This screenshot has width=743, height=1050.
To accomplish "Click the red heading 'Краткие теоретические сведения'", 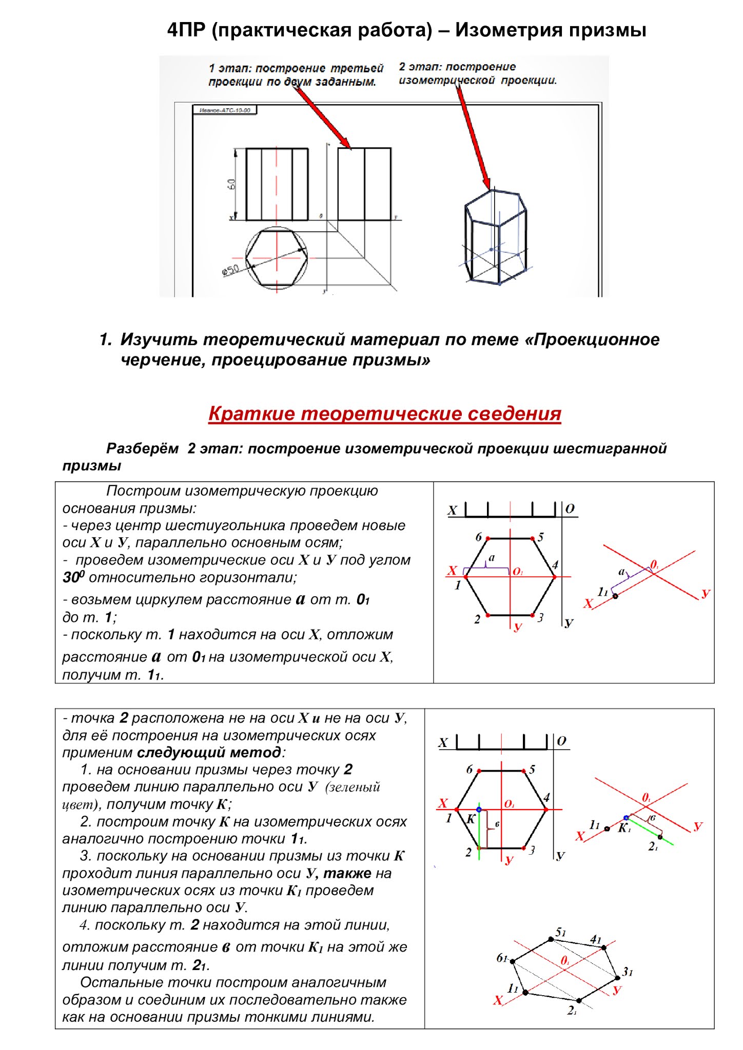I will point(384,414).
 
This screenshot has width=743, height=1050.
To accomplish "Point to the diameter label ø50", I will point(230,270).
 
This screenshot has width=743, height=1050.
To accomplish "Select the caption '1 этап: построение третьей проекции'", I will point(296,75).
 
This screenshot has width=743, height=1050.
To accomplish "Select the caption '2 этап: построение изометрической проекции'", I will point(477,73).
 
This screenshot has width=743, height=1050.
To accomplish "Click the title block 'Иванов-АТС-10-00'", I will point(225,110).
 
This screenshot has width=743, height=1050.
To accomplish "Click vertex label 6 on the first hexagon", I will point(478,537).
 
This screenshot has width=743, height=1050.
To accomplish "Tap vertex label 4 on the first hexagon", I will point(555,565).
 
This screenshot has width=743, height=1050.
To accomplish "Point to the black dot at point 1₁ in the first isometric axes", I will point(615,596).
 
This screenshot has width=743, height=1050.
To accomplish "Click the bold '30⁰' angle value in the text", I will point(73,578).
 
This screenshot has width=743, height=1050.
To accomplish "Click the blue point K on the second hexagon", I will point(479,810).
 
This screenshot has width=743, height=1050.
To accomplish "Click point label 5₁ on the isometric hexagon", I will point(560,932).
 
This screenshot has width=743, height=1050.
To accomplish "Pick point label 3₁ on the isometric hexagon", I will point(628,972).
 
